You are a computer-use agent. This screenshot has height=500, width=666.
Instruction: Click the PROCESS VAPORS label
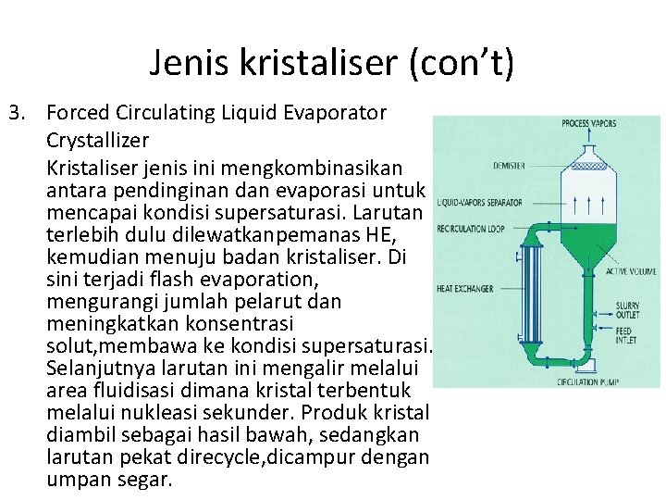[590, 123]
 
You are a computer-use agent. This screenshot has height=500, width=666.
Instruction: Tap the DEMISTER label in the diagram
[510, 166]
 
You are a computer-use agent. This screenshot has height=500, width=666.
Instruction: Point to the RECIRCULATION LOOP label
[471, 228]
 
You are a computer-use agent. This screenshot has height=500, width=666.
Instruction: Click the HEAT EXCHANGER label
[464, 288]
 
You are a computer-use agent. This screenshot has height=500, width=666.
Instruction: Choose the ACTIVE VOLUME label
[632, 271]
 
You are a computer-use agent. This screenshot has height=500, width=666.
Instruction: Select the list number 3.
[15, 114]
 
